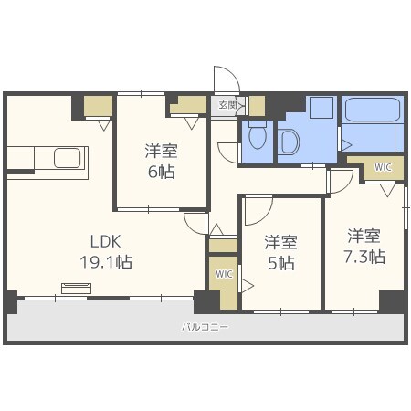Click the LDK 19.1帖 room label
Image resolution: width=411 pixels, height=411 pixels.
point(106,251)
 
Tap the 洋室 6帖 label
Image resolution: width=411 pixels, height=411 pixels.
point(162,162)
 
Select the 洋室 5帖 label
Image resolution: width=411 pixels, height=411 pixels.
point(281,253)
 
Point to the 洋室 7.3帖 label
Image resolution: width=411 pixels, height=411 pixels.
point(364,246)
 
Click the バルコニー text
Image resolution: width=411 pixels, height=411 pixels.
point(205,327)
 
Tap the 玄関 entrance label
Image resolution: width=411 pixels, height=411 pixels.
point(227,105)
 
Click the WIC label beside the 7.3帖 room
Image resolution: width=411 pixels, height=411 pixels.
point(383,167)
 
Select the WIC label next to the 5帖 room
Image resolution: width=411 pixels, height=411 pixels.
point(224,274)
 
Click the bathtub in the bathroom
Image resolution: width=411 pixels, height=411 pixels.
point(373,110)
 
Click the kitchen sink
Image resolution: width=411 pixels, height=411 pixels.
point(68,158)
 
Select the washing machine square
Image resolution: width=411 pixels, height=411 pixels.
point(321,108)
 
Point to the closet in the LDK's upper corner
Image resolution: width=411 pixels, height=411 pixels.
point(98,106)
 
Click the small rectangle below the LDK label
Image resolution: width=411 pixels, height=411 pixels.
point(76,289)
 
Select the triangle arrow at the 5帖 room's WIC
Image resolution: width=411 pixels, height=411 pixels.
point(248,286)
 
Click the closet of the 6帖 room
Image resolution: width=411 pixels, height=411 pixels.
point(188,105)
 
